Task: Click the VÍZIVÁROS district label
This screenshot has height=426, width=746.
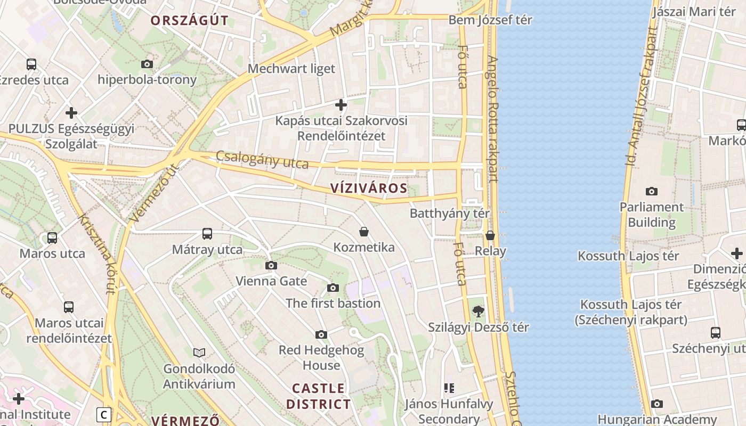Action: [369, 188]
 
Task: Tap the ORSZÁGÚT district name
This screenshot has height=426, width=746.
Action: [189, 21]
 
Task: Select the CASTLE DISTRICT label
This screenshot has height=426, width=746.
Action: [319, 396]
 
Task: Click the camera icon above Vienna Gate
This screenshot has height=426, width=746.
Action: [271, 265]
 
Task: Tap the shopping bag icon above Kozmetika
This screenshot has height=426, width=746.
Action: [364, 232]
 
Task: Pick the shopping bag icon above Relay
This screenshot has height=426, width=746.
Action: [490, 235]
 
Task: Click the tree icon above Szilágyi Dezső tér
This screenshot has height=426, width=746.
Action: [479, 311]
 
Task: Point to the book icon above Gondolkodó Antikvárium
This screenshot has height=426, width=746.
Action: [199, 353]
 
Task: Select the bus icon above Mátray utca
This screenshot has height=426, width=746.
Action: [207, 233]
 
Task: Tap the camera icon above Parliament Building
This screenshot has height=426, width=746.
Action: [651, 191]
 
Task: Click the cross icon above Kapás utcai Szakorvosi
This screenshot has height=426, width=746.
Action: [341, 104]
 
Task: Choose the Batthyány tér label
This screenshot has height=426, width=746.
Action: [450, 214]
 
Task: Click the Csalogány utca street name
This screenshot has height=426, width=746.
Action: [262, 159]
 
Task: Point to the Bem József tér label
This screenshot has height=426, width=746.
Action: [490, 20]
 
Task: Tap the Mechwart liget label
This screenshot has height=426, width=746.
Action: [291, 69]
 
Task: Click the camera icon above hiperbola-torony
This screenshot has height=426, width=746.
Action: [147, 64]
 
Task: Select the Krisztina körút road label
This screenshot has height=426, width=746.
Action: [96, 253]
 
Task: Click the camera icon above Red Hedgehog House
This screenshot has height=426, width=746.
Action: [321, 334]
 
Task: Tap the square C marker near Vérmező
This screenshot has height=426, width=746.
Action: [104, 414]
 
